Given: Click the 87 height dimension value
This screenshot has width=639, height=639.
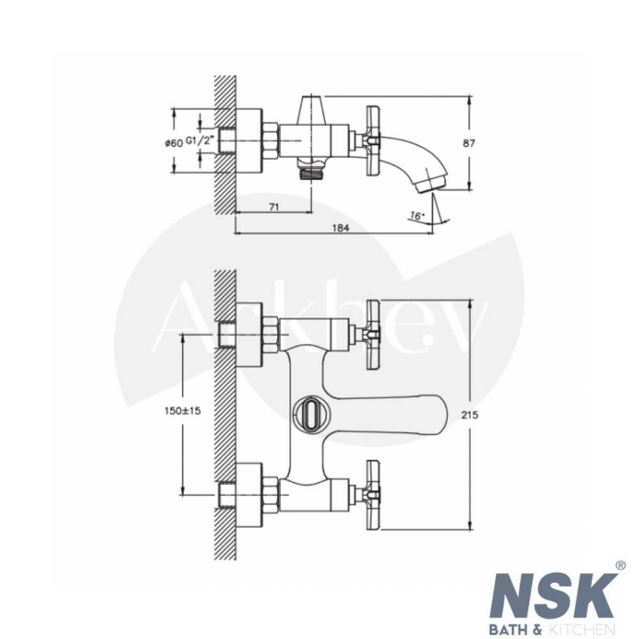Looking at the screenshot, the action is point(468,143).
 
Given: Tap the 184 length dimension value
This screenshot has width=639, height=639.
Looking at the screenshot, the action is point(341,227).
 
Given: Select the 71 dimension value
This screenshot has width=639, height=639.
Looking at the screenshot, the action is point(274,207).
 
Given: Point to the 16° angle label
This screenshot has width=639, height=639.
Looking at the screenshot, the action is point(417,215).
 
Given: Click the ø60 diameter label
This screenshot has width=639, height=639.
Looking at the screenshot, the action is point(174,143).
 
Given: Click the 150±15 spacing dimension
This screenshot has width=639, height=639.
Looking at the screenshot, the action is point(183,411).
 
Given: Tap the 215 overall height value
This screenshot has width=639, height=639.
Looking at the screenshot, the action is point(470,415).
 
